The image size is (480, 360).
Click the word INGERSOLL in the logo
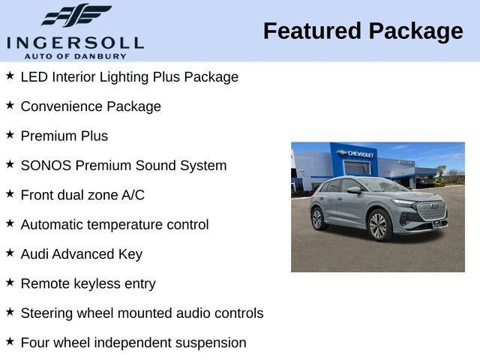(74, 42)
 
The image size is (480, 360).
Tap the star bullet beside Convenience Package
(10, 106)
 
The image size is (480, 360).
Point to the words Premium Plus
(64, 136)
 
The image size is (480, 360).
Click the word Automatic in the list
(53, 224)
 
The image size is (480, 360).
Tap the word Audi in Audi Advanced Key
(35, 254)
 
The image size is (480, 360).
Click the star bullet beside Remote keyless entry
(10, 283)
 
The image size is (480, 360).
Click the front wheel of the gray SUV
(379, 226)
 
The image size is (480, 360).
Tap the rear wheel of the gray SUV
(317, 219)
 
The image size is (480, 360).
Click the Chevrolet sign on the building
(360, 154)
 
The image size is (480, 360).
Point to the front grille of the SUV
(431, 211)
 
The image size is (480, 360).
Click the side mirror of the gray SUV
(353, 190)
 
